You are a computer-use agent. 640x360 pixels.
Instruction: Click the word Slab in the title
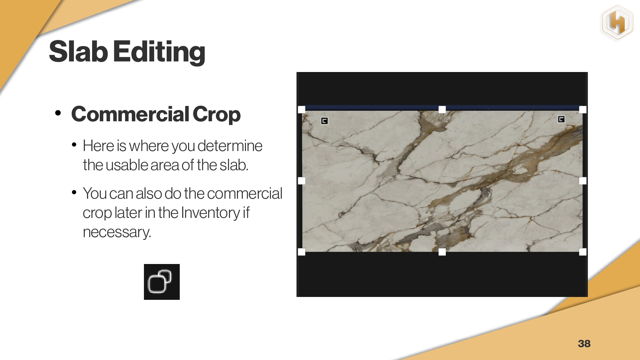click(x=78, y=51)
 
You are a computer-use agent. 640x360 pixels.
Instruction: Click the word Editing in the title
click(x=159, y=52)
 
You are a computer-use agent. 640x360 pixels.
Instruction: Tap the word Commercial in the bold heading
click(x=130, y=114)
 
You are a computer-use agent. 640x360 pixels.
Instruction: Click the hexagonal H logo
click(x=618, y=22)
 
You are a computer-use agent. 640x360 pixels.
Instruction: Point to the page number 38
click(x=584, y=343)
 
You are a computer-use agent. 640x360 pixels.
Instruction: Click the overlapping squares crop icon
click(x=162, y=282)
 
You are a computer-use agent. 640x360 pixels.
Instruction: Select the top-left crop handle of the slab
click(x=302, y=109)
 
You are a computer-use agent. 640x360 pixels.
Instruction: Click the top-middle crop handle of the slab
click(x=442, y=109)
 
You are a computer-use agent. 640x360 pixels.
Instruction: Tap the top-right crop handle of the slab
click(x=583, y=109)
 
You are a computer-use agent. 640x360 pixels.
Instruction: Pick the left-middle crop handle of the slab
click(x=302, y=181)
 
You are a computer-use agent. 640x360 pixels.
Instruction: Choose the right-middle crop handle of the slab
click(x=583, y=181)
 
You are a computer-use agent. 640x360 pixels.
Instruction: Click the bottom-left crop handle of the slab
click(x=302, y=252)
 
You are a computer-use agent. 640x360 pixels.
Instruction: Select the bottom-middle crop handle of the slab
click(x=442, y=252)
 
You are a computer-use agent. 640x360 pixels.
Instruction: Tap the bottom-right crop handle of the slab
click(x=583, y=252)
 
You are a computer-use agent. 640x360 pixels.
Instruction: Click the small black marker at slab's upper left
click(x=324, y=121)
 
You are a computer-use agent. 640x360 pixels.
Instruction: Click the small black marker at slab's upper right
click(x=561, y=119)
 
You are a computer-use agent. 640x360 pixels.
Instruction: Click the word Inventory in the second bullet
click(x=210, y=213)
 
